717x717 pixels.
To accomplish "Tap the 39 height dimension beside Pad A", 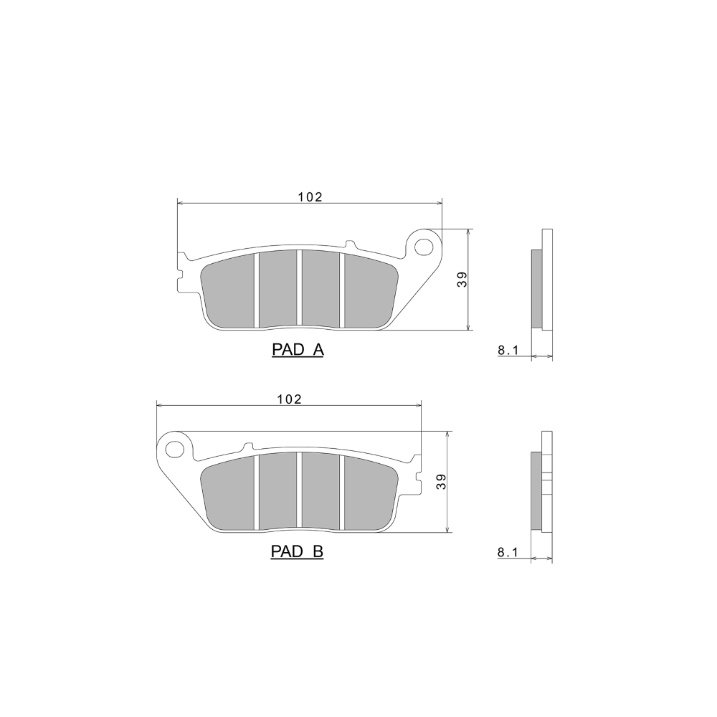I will point(463,280).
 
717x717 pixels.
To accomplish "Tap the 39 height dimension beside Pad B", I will point(442,482).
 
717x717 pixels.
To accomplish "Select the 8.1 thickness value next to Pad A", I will point(508,351).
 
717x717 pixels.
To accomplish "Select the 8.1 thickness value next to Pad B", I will point(507,552).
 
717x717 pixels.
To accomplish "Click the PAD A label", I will point(298,350).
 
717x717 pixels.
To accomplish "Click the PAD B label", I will point(298,552).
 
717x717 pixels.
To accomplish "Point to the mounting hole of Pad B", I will point(174,450).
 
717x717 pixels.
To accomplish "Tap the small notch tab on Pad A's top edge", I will point(349,245).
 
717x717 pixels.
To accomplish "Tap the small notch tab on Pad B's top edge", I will point(249,446).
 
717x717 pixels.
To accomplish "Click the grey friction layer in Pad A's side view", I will point(536,288).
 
